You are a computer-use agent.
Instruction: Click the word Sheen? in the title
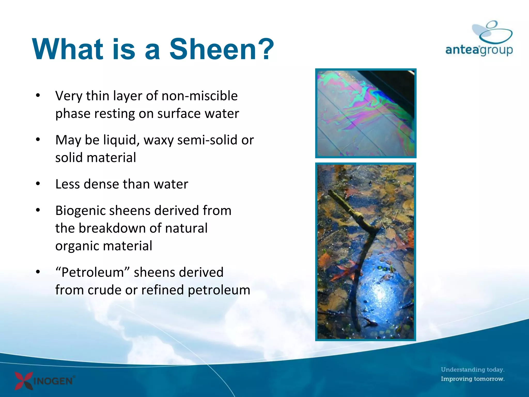click(222, 49)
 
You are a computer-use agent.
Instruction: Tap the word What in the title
click(68, 49)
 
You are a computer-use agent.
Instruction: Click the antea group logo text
click(479, 50)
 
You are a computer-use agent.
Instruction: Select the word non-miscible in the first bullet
click(199, 96)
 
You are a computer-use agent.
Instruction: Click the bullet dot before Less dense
click(38, 184)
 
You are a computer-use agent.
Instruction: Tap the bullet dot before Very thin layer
click(38, 95)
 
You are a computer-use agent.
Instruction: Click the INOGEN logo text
click(53, 381)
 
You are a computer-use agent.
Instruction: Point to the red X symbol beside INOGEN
click(24, 380)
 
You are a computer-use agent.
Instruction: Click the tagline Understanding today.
click(472, 369)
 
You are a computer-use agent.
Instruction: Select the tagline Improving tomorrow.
click(472, 379)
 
